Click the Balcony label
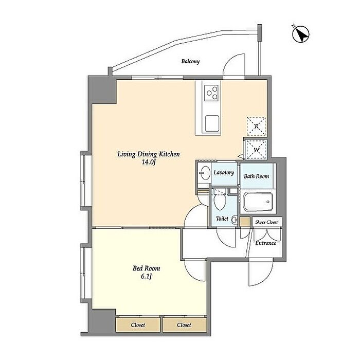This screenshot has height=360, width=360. (190, 61)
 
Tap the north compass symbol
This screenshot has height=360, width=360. (300, 34)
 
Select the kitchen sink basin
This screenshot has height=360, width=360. (212, 123)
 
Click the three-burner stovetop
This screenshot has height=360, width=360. (211, 93)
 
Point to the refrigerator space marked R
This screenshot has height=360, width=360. (257, 127)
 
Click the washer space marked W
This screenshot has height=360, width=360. (256, 150)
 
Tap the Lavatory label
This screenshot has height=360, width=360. (224, 173)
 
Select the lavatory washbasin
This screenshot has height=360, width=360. (205, 173)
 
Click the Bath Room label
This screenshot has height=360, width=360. (256, 176)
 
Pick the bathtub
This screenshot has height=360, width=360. (258, 202)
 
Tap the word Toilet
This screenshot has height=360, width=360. (222, 219)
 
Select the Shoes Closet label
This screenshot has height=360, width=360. (266, 222)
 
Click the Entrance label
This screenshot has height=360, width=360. (266, 243)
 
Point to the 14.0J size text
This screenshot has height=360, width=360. (149, 162)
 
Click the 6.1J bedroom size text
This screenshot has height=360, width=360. (146, 276)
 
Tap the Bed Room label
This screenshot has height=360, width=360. (146, 268)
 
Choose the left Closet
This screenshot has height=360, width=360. (138, 325)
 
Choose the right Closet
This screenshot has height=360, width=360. (184, 325)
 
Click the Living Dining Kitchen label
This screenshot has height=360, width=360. (149, 154)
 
